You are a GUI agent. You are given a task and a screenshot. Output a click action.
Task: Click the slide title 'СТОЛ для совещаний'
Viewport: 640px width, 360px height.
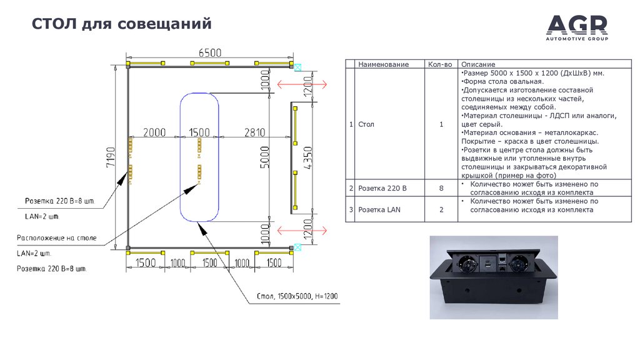click(122, 25)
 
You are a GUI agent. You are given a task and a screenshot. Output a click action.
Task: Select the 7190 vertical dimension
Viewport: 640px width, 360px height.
click(111, 157)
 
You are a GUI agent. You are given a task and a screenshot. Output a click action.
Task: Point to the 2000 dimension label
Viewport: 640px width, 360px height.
click(154, 132)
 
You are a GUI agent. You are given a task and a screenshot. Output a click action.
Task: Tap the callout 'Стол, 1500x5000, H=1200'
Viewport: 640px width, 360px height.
click(297, 295)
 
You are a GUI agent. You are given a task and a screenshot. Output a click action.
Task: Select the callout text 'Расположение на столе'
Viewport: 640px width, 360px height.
click(56, 238)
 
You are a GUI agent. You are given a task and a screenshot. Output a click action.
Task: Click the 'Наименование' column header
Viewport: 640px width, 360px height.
click(383, 64)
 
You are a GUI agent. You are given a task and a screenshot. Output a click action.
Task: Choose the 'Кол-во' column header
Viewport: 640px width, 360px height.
click(440, 64)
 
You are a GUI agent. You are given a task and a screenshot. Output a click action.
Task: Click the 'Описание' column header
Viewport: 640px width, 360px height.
click(478, 64)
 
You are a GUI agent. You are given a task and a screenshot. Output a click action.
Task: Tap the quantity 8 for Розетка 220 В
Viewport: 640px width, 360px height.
click(441, 188)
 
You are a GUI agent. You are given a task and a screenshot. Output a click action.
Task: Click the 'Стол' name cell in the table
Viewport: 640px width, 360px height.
click(366, 124)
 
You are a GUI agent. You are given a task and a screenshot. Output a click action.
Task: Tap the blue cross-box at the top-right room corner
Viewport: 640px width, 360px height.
click(298, 64)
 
